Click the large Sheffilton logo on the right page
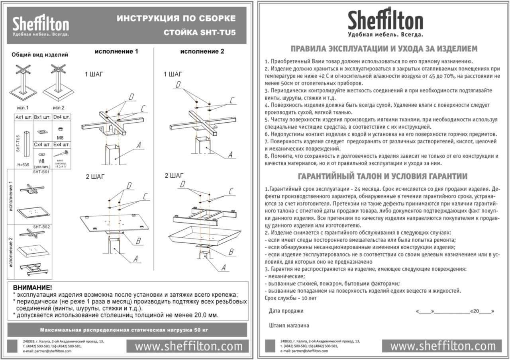(385, 22)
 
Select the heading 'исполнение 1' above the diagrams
(116, 51)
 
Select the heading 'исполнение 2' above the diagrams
(202, 51)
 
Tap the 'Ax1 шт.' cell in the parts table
(23, 117)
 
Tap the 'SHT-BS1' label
(41, 172)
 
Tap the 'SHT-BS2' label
(41, 227)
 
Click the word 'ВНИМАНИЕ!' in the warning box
(32, 288)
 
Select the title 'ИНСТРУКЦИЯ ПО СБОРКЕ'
(176, 18)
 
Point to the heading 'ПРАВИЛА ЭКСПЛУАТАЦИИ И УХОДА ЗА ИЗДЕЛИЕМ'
(384, 49)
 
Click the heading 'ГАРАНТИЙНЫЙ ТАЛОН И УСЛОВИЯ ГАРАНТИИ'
(382, 176)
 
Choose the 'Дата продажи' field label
(286, 311)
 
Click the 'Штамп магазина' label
(289, 325)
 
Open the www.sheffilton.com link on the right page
(442, 346)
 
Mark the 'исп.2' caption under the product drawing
(59, 108)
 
